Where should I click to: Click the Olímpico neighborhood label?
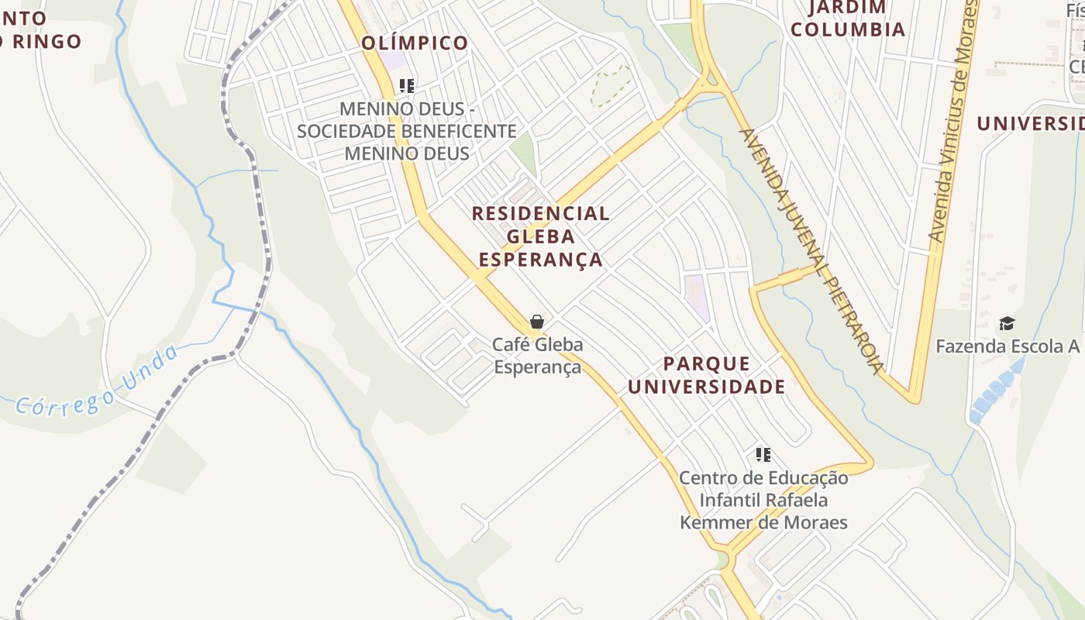pos(415,43)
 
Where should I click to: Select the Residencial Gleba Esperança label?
pos(540,236)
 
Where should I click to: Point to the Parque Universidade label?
pos(706,375)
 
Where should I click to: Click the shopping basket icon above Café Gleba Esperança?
pos(536,321)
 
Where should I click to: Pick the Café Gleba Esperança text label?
pos(538,356)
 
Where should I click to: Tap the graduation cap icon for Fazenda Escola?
pos(1006,323)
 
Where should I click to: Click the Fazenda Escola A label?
pos(1007,346)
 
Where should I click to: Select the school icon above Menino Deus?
pos(407,85)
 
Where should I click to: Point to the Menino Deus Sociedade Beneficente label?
pos(407,131)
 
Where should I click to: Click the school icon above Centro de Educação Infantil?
pos(763,455)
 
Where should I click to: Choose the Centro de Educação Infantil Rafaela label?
pos(763,500)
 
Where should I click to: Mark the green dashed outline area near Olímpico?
pos(610,84)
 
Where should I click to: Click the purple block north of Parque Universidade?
pos(696,297)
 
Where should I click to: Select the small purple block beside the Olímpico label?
pos(393,60)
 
